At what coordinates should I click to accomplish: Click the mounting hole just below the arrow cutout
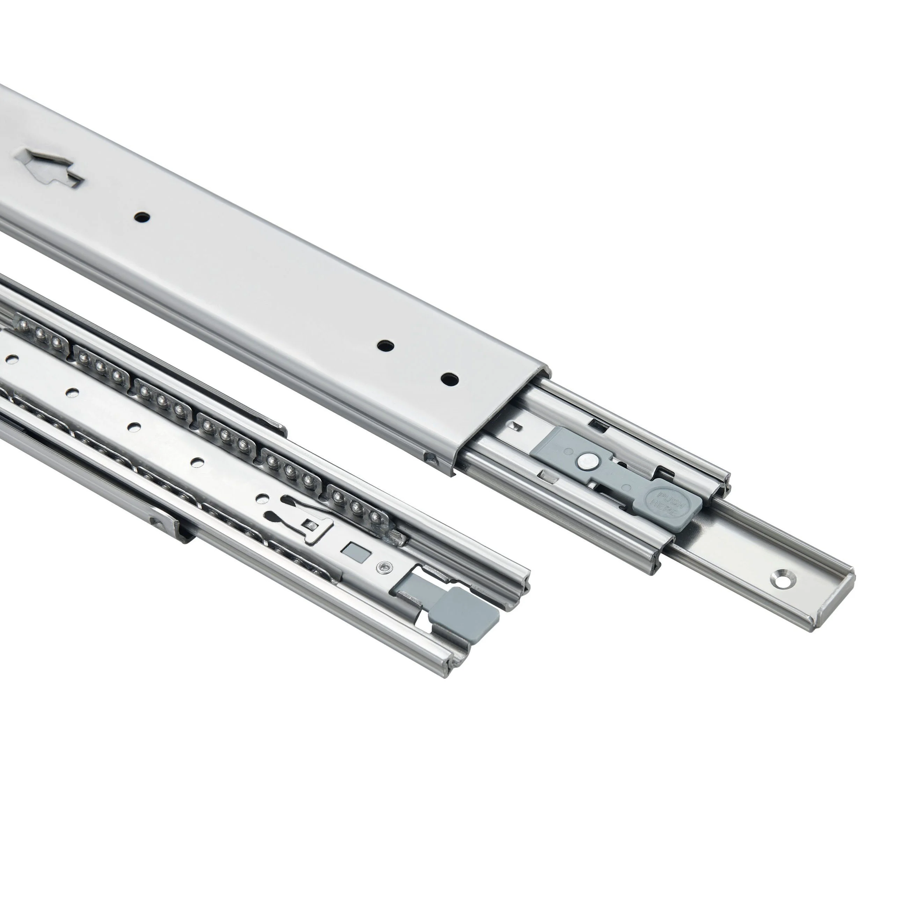141,218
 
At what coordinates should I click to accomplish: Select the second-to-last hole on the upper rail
385,345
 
